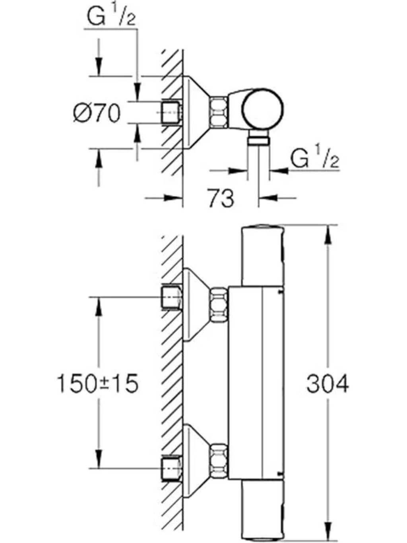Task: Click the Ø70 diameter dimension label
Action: coord(97,113)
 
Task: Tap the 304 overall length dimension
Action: coord(328,384)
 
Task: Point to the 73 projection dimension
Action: coord(221,198)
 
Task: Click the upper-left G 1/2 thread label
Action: coord(112,16)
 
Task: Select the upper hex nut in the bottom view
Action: coord(219,305)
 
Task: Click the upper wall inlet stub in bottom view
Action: coord(172,297)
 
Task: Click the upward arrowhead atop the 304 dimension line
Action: coord(328,234)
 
